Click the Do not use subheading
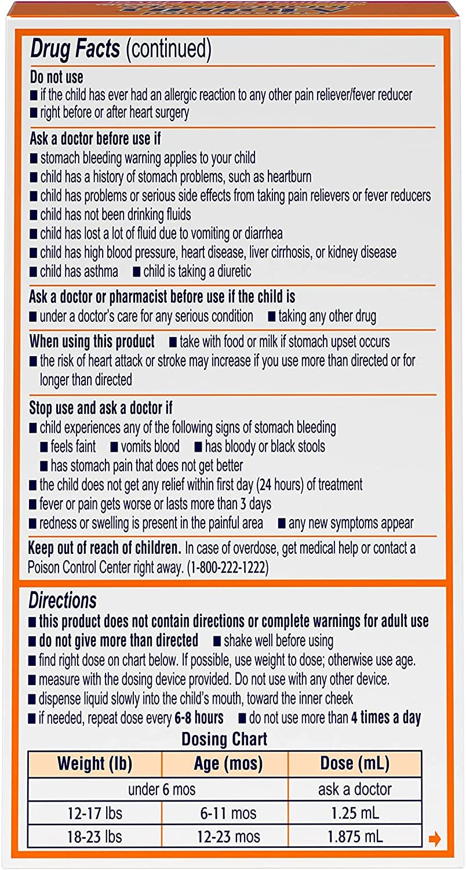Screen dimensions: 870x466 56,77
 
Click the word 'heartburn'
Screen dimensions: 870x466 284,176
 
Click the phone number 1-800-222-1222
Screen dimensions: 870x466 224,566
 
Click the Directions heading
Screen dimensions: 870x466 63,600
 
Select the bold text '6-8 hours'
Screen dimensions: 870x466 199,717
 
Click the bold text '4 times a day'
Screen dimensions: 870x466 385,717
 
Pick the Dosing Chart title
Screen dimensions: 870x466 224,739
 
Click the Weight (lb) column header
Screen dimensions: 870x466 94,763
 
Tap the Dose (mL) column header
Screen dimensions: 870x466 355,763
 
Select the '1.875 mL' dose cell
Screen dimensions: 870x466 355,837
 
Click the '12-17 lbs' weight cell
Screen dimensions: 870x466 94,813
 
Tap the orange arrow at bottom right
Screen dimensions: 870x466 435,839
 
